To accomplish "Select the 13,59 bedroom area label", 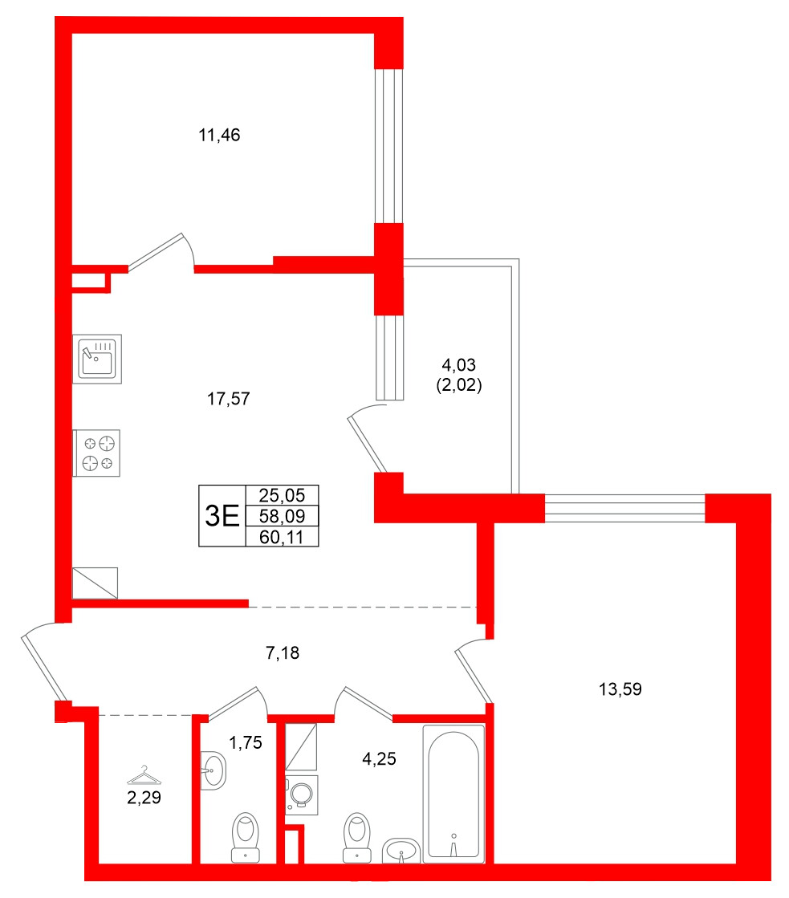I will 620,689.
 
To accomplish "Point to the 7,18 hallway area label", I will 283,654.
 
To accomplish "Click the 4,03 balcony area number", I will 454,367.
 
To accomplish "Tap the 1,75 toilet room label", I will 246,743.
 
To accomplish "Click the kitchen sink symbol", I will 97,359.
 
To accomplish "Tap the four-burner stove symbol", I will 97,453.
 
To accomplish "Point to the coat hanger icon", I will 144,774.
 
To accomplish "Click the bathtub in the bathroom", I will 453,794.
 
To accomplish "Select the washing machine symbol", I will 301,794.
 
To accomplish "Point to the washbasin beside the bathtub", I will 400,850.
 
